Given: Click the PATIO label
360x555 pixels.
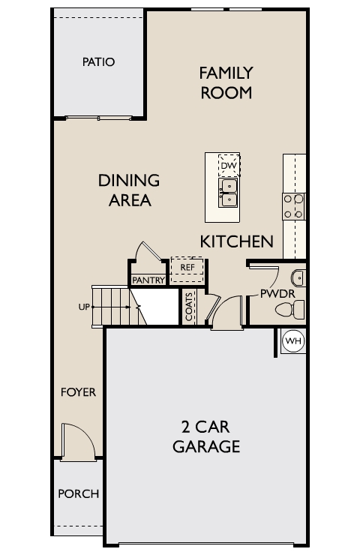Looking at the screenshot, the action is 98,62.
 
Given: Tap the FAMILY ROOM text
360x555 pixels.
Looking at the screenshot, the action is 226,82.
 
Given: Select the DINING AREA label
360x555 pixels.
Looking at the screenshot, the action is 129,190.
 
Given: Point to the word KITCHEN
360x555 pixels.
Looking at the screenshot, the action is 237,241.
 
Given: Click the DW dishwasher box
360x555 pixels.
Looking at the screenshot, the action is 229,165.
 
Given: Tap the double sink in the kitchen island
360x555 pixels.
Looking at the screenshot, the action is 229,193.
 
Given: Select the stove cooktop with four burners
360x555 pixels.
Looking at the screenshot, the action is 293,206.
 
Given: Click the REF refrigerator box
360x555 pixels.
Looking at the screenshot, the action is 187,270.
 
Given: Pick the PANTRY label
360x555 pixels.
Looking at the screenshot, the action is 148,280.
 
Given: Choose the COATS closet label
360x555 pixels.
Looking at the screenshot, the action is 189,307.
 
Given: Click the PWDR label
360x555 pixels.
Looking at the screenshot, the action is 277,293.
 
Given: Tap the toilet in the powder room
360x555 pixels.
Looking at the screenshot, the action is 290,309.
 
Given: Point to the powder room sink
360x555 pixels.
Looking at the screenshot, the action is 298,278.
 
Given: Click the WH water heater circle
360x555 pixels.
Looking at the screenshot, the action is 293,340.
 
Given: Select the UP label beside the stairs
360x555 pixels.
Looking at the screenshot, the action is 84,307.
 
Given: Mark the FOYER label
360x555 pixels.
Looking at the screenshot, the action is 78,392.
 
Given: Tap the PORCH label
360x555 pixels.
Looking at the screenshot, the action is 78,493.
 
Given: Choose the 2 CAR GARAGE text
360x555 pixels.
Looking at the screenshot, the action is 206,436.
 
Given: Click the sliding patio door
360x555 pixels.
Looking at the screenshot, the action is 98,118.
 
